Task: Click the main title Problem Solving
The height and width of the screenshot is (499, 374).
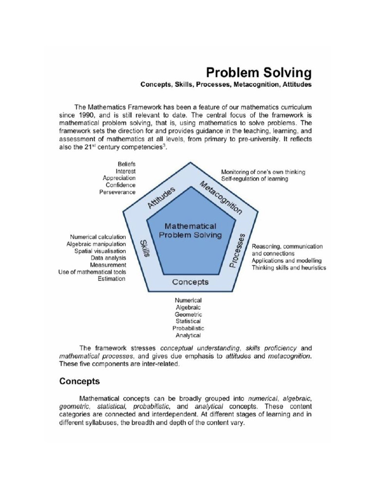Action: click(258, 73)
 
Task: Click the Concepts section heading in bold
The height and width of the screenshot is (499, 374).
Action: click(79, 381)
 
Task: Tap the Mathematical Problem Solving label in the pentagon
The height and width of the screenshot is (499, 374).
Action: click(190, 230)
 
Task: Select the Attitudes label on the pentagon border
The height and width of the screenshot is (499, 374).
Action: click(161, 197)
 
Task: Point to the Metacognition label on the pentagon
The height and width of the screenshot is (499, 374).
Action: click(220, 197)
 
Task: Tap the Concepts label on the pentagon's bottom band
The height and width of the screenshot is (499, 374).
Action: click(190, 282)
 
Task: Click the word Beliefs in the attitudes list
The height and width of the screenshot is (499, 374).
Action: click(127, 164)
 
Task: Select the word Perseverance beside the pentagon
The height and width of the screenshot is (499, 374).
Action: click(117, 192)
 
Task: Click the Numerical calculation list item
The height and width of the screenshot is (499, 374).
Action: click(98, 237)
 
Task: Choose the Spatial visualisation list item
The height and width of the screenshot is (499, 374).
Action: click(100, 251)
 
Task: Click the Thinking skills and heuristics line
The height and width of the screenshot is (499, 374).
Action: click(289, 268)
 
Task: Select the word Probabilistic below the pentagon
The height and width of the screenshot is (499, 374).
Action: click(188, 328)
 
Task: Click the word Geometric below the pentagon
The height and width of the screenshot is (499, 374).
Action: click(188, 314)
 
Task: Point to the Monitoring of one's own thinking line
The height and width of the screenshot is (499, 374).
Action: click(263, 172)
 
